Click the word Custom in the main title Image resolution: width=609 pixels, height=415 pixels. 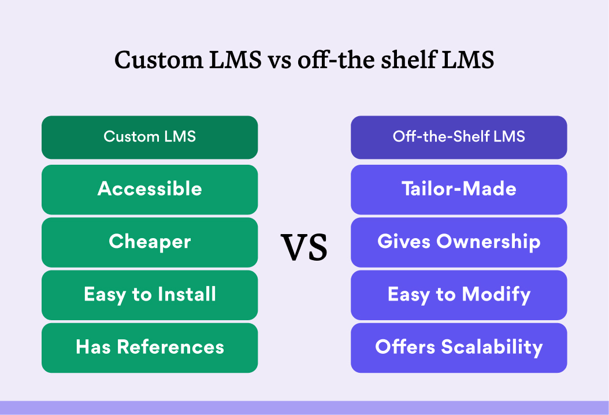click(x=158, y=60)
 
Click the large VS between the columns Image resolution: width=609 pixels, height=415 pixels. click(x=304, y=247)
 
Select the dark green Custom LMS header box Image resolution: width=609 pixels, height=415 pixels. click(x=150, y=137)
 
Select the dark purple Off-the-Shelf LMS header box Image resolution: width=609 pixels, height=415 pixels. click(x=459, y=137)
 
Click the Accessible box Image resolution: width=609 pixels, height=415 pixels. click(x=150, y=190)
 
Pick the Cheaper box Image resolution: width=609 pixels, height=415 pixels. click(x=150, y=243)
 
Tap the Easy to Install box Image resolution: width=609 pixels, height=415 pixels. click(x=150, y=295)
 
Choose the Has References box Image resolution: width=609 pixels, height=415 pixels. click(x=150, y=348)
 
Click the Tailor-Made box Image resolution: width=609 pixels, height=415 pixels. click(x=459, y=190)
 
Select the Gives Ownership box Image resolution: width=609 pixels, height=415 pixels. click(x=459, y=243)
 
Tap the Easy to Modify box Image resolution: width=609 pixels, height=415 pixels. click(x=459, y=295)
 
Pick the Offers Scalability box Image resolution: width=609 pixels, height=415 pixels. click(x=459, y=348)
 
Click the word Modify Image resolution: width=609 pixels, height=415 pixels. click(x=496, y=295)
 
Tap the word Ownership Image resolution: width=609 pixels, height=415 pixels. click(x=489, y=242)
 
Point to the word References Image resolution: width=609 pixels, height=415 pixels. click(x=171, y=347)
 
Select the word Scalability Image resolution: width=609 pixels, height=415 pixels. click(x=492, y=347)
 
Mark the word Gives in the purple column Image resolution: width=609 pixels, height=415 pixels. click(x=404, y=242)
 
